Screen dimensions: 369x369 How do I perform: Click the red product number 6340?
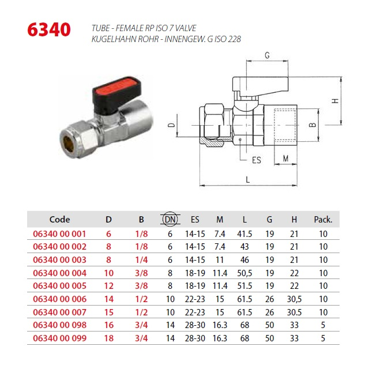[x=49, y=29]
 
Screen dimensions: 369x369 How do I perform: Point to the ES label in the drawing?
[x=256, y=160]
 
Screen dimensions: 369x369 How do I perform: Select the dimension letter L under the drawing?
[x=247, y=180]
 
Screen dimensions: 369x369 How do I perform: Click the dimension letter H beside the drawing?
[x=335, y=101]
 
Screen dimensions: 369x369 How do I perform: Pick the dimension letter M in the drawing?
[x=286, y=159]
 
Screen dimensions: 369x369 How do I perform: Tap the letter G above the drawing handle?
[x=267, y=55]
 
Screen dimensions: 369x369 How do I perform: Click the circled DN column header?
[x=170, y=219]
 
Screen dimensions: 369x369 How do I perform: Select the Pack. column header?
[x=323, y=220]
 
